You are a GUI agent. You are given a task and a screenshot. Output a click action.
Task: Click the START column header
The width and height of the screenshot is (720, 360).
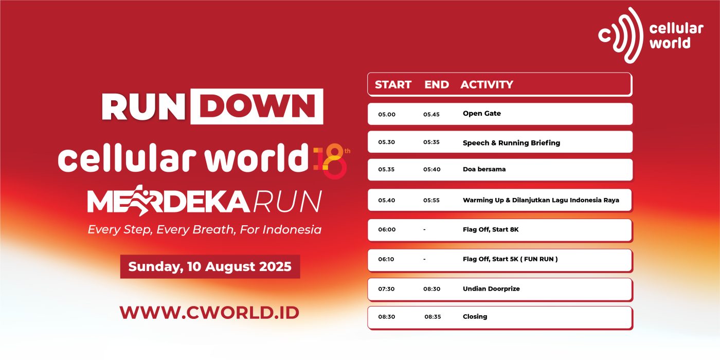tap(393, 84)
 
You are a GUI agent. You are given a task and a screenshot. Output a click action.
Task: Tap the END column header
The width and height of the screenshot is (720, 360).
tap(437, 84)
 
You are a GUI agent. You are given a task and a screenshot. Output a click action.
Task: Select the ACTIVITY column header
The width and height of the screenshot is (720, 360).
tap(487, 84)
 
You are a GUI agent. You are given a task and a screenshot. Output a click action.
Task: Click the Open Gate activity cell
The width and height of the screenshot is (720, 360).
tap(481, 114)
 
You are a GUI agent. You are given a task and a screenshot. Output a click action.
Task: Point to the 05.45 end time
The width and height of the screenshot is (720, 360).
tap(431, 114)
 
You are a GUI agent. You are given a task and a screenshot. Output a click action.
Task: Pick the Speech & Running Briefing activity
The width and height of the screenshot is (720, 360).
tap(511, 143)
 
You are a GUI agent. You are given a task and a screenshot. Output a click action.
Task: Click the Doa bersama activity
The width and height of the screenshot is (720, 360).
tap(484, 169)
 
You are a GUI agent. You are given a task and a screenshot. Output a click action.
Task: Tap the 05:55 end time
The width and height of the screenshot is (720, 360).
tap(431, 200)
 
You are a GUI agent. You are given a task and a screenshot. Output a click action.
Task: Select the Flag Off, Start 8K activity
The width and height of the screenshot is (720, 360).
tap(491, 229)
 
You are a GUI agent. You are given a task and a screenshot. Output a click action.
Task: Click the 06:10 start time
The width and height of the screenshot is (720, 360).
tap(386, 259)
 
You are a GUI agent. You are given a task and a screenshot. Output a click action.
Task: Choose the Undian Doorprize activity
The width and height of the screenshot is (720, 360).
tap(491, 289)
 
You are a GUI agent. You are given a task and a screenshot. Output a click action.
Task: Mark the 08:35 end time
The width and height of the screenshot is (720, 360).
tap(433, 317)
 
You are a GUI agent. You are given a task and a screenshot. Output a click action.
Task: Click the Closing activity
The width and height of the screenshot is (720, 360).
tap(475, 317)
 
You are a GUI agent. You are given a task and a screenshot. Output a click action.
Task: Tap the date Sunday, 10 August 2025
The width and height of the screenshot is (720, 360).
tap(210, 266)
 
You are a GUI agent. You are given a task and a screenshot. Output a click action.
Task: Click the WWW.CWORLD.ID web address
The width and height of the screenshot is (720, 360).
tap(209, 313)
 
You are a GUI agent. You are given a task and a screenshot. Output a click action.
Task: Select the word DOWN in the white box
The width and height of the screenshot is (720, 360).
tap(257, 106)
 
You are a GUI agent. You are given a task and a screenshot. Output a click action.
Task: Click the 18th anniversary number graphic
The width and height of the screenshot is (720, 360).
tap(332, 160)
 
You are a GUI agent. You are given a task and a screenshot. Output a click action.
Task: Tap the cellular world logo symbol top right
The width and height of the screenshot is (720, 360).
tap(620, 35)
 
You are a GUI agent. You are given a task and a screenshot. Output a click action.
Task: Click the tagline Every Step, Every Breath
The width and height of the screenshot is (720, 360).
tap(205, 229)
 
